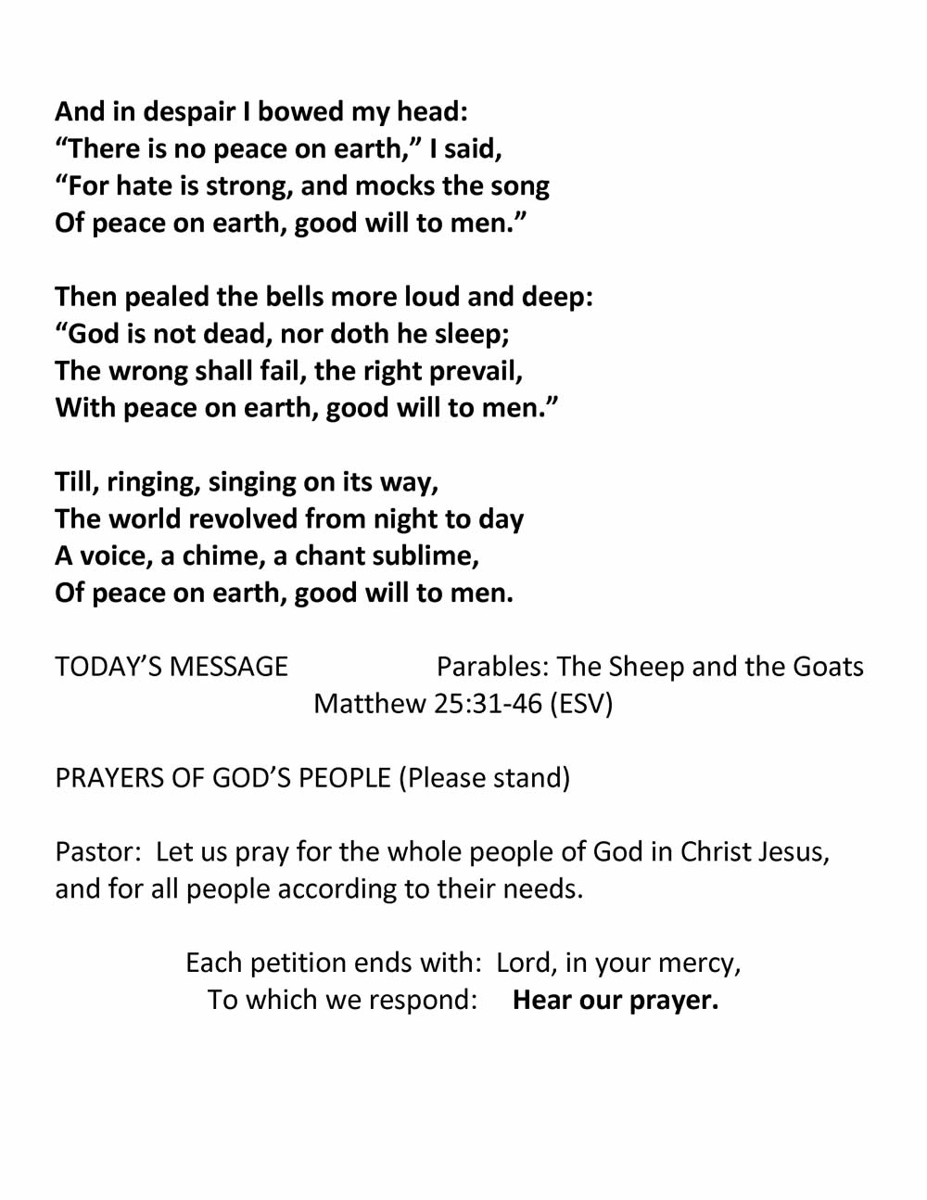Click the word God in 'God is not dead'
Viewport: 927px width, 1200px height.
coord(95,334)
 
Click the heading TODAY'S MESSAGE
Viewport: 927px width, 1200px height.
coord(171,667)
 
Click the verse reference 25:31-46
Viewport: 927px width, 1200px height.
coord(488,704)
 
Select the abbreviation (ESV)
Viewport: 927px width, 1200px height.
coord(581,704)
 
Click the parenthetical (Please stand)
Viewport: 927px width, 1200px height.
coord(484,778)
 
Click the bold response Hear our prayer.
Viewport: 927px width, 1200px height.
coord(616,1001)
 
